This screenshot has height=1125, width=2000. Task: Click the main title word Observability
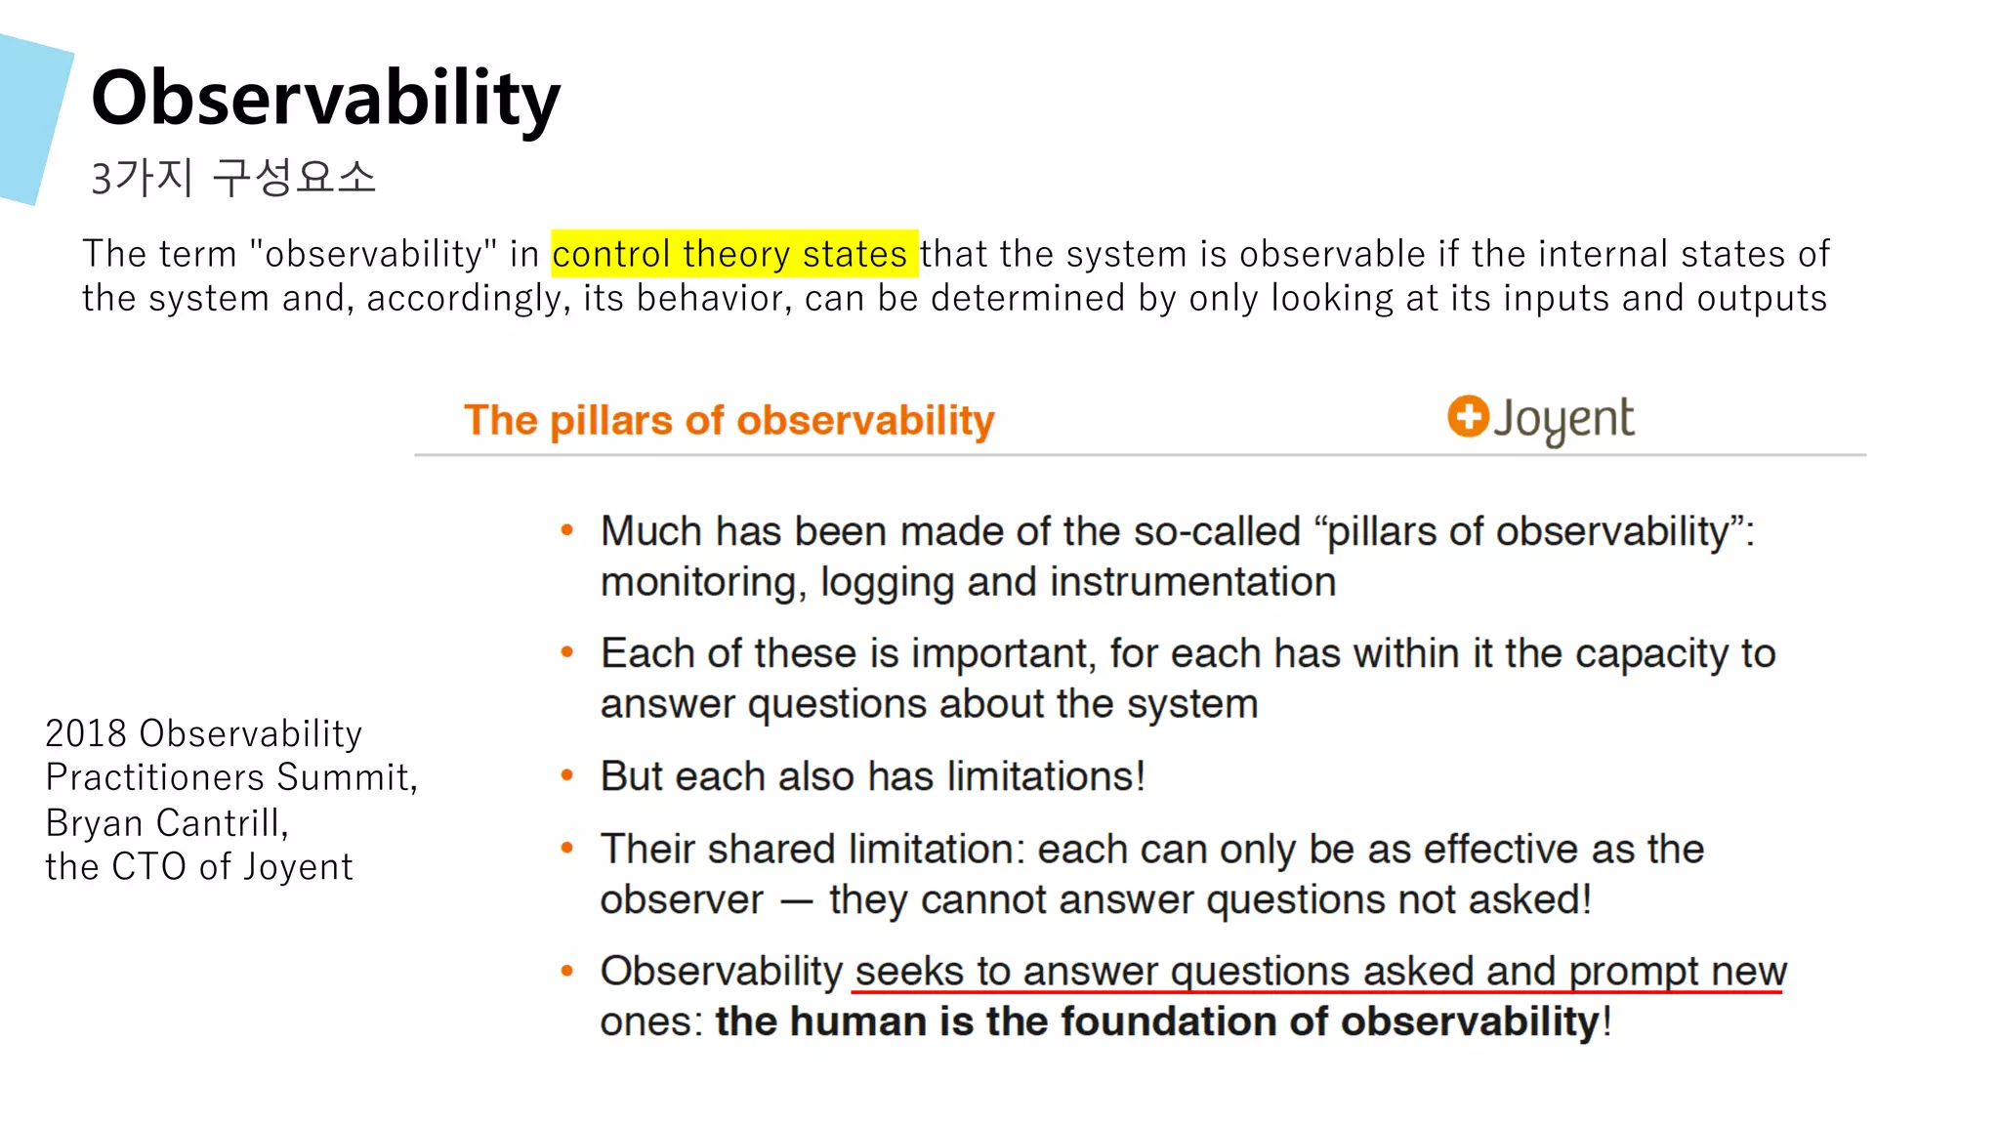point(325,99)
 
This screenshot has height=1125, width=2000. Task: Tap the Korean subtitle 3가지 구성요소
point(232,178)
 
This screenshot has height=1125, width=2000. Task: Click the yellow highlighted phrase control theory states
point(732,254)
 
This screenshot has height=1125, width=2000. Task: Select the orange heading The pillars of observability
point(729,420)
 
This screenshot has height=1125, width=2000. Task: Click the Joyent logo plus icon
point(1467,416)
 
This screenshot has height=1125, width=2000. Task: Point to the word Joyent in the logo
point(1562,420)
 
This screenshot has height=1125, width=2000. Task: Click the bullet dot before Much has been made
point(566,530)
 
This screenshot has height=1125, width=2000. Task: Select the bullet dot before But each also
point(566,775)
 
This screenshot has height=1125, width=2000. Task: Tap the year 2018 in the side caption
point(86,733)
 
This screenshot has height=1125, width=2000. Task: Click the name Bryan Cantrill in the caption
point(166,823)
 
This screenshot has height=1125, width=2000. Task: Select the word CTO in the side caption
point(148,867)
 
